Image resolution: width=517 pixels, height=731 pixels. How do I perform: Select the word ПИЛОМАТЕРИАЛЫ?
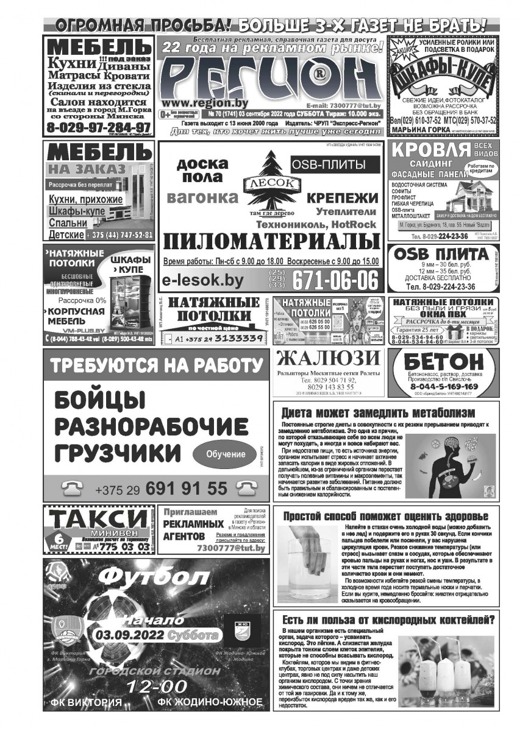pyautogui.click(x=268, y=242)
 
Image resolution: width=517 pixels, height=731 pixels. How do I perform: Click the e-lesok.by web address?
pyautogui.click(x=203, y=281)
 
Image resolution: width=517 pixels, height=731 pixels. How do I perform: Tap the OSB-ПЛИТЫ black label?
pyautogui.click(x=328, y=164)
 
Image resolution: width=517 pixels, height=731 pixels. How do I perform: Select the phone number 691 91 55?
pyautogui.click(x=186, y=489)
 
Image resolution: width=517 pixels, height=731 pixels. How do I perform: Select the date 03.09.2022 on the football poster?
pyautogui.click(x=130, y=635)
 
